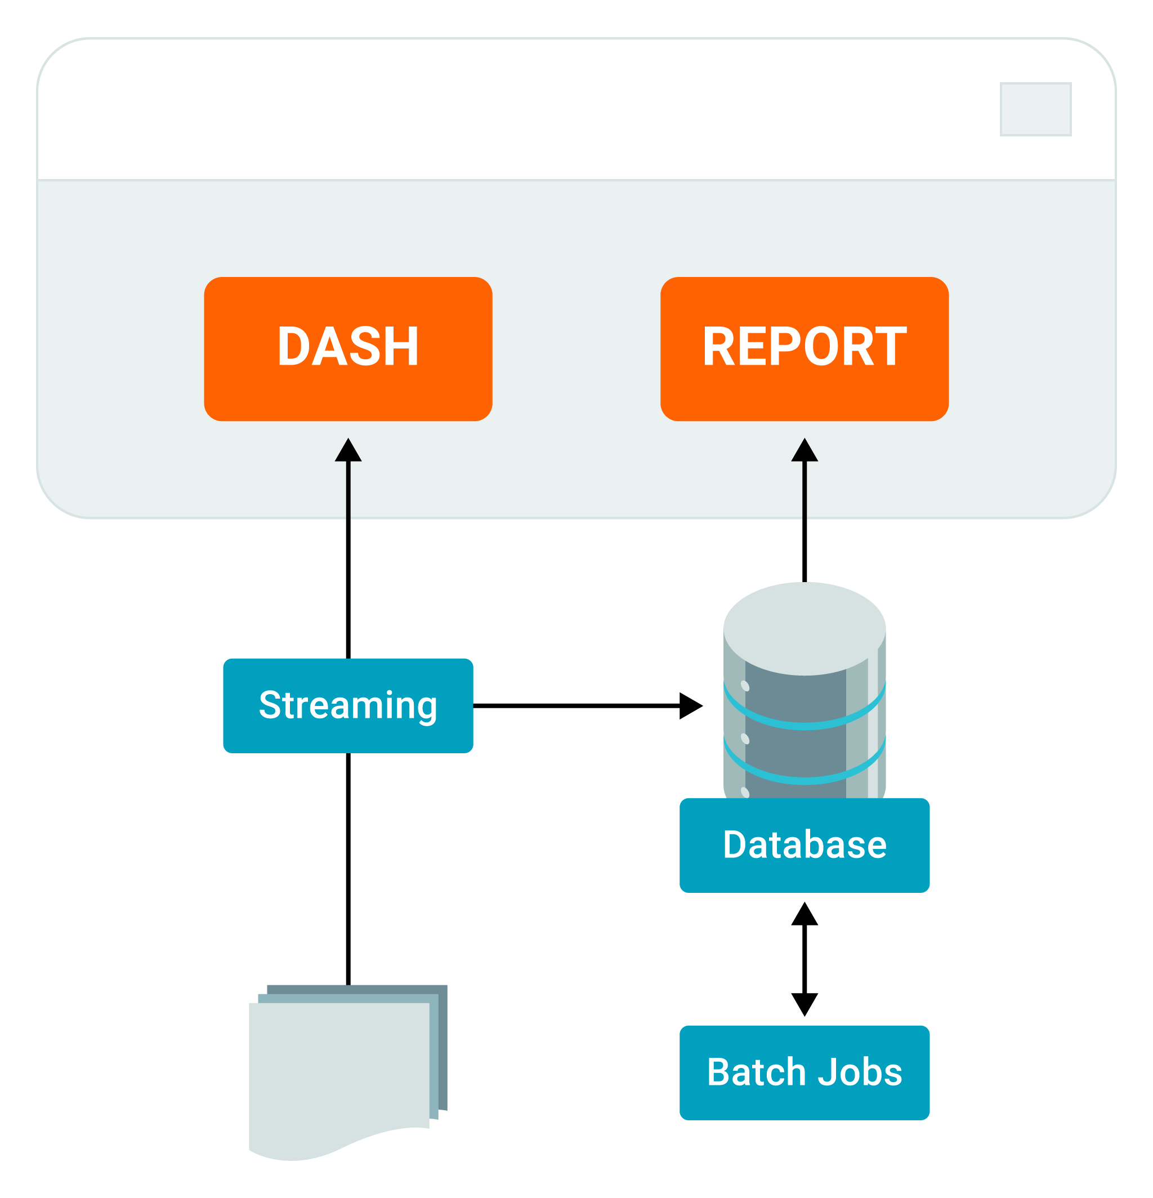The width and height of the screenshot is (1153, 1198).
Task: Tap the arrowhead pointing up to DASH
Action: [x=348, y=450]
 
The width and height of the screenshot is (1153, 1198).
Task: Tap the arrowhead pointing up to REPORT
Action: [x=805, y=450]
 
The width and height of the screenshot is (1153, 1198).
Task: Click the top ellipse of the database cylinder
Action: [x=805, y=628]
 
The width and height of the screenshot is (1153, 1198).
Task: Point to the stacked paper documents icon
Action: [x=342, y=1076]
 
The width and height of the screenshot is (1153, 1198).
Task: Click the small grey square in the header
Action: [x=1036, y=109]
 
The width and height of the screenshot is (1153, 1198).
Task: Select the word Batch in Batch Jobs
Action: [x=756, y=1072]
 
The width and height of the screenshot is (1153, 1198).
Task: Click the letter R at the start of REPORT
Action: [x=719, y=347]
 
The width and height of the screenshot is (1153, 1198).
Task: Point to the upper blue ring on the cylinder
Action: [x=805, y=725]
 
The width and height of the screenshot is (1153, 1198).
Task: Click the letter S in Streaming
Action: [x=270, y=705]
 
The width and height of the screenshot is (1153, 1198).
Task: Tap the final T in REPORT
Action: [x=891, y=347]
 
